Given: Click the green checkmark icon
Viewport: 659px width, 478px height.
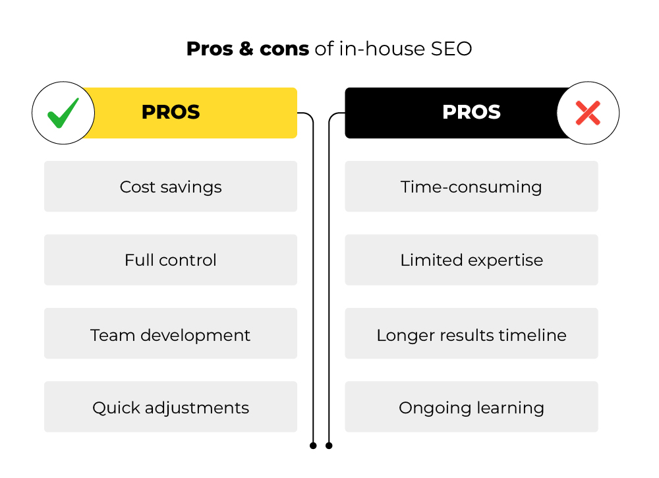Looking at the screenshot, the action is coord(63,113).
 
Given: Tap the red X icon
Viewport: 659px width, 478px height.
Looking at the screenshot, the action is coord(588,113).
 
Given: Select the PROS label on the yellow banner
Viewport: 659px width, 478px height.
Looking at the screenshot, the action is coord(171,112).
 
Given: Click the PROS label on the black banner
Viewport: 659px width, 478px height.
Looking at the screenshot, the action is coord(472,112).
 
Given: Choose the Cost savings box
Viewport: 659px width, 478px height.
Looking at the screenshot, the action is coord(171,186).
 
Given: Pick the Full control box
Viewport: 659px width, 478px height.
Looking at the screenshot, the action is coord(171,260).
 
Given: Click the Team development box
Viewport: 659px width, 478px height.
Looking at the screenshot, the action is coord(171,334).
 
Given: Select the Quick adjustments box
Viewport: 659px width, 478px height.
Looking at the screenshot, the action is coord(171,407).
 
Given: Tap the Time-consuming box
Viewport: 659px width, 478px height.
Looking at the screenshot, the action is coord(472,186).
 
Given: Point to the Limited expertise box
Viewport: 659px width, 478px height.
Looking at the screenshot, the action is coord(472,260).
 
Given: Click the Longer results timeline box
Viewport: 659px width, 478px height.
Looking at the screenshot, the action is coord(472,334).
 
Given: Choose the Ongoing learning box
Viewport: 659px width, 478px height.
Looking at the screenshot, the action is coord(472,407).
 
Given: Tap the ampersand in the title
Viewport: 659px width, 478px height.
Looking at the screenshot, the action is coord(246,49).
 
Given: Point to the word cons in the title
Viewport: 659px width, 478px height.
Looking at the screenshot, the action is coord(285,49).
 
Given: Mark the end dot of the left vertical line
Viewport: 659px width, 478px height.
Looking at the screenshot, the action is coord(313,446).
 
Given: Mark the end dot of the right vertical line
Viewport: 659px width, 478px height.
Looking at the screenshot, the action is coord(329,446).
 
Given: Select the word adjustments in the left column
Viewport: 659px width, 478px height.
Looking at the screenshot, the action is coord(197,408).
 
